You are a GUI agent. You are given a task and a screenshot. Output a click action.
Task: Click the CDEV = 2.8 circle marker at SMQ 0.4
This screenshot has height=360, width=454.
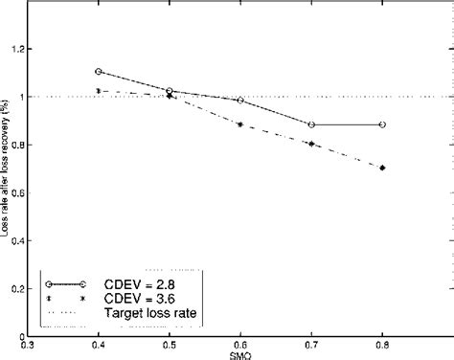(99, 72)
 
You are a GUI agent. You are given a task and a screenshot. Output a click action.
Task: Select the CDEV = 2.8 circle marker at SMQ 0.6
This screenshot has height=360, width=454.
(240, 101)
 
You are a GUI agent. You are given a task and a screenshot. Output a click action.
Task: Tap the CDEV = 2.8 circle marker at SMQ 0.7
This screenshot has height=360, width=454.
(311, 124)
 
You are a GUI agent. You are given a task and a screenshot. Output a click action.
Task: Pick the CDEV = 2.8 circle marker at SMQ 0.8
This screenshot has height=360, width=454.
(382, 124)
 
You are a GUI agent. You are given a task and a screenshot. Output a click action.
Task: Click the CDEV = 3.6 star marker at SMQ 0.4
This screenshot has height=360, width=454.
(99, 91)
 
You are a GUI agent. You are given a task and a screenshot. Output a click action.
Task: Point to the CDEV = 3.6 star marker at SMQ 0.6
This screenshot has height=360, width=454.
(240, 124)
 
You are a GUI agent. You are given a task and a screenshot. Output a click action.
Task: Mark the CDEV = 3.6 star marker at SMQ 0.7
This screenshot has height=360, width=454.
(311, 144)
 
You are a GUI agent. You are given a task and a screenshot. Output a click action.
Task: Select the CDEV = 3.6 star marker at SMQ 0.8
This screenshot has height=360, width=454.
(382, 168)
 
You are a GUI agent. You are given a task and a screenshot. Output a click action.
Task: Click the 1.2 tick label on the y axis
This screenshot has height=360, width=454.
(19, 49)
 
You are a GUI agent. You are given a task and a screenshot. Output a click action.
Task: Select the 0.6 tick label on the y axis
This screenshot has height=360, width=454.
(19, 192)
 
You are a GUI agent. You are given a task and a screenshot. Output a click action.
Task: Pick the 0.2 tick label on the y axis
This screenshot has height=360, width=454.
(19, 288)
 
